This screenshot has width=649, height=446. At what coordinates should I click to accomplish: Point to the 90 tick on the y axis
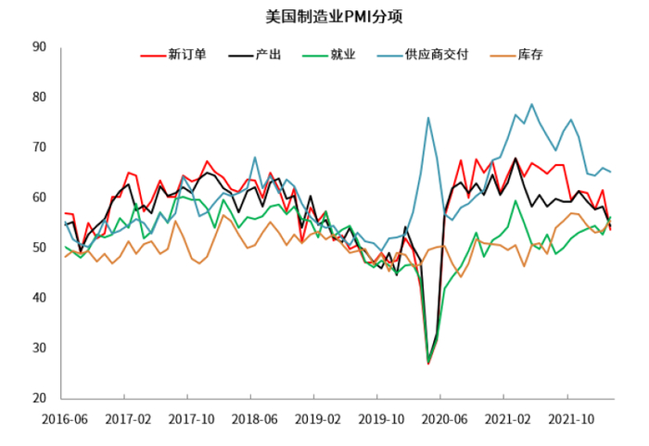(39, 46)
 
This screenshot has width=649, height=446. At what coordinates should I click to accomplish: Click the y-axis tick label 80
(39, 97)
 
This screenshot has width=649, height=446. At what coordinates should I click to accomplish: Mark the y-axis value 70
(39, 147)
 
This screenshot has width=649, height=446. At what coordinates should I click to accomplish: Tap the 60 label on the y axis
(39, 198)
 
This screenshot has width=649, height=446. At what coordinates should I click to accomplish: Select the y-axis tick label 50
(39, 248)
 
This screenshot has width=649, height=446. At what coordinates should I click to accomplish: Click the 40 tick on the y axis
(39, 298)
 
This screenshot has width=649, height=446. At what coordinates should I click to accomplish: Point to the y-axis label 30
(39, 348)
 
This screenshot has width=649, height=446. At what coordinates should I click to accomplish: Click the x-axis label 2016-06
(64, 419)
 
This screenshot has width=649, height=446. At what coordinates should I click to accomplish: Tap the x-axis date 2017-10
(189, 419)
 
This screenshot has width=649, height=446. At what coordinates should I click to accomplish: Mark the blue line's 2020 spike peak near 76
(428, 118)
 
